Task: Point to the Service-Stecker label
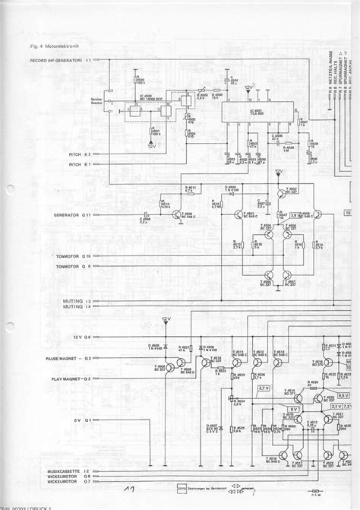96,102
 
